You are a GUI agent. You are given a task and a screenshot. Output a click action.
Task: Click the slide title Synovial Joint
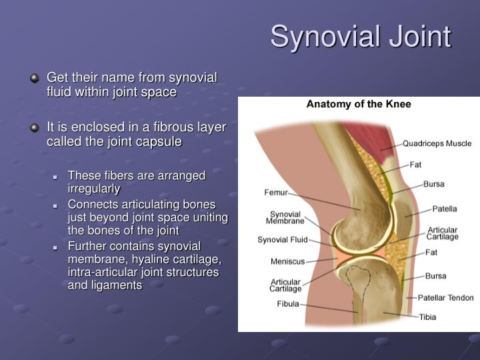[361, 37]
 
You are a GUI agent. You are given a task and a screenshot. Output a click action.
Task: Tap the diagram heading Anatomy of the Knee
[359, 104]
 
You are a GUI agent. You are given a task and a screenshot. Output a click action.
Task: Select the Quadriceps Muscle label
[437, 143]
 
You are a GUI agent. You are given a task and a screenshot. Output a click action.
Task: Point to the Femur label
[276, 193]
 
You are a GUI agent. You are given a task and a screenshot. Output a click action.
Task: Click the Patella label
[445, 208]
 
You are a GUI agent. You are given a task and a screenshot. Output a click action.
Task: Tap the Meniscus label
[287, 261]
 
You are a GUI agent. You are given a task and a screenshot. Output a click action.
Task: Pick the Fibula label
[288, 304]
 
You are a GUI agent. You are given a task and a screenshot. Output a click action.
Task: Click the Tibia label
[427, 317]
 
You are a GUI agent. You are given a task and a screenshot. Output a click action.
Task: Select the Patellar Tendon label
[445, 297]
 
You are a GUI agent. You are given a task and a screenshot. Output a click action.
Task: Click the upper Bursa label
[433, 184]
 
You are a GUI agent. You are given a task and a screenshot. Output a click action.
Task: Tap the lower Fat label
[431, 253]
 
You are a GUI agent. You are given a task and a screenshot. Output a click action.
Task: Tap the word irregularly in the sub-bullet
[94, 189]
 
